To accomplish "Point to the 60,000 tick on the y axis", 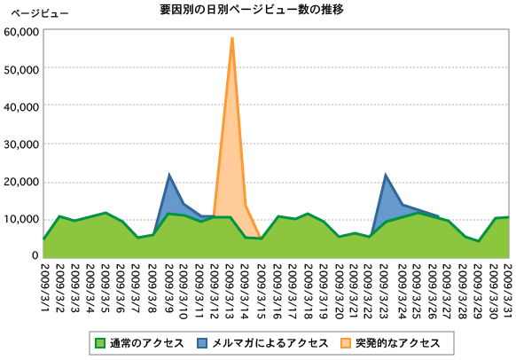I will pyautogui.click(x=22, y=31).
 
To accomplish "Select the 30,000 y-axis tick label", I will pyautogui.click(x=22, y=144).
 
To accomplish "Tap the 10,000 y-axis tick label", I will pyautogui.click(x=22, y=219).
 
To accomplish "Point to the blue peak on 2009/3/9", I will pyautogui.click(x=168, y=176).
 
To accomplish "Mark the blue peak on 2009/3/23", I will pyautogui.click(x=386, y=176).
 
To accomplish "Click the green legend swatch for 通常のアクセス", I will pyautogui.click(x=100, y=341).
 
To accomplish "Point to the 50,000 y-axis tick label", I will pyautogui.click(x=22, y=68).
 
